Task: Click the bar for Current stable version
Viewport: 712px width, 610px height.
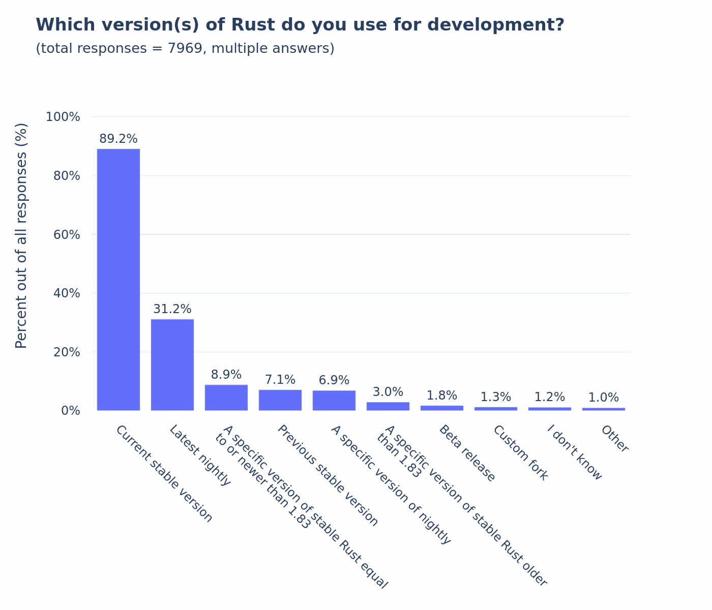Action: (x=118, y=280)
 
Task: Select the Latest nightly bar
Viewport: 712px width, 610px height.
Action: (x=172, y=364)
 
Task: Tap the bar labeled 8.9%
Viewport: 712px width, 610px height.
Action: (x=226, y=398)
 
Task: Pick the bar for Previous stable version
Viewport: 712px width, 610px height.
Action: (x=280, y=400)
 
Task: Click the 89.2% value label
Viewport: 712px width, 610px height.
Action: (x=118, y=139)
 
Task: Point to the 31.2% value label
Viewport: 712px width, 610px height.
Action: (x=172, y=309)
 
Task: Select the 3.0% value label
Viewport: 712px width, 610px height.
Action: (x=388, y=392)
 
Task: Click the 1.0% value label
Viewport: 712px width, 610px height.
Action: (x=604, y=398)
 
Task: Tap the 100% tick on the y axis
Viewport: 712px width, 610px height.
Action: (x=63, y=117)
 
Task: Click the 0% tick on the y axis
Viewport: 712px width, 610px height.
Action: (x=70, y=411)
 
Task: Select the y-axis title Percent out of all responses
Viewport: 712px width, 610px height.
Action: (x=21, y=235)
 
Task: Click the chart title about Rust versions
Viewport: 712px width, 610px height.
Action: (x=300, y=25)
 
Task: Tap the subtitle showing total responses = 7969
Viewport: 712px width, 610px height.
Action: (x=185, y=49)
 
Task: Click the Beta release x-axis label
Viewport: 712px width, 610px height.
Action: (x=467, y=453)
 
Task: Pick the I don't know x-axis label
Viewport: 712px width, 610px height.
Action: (x=574, y=452)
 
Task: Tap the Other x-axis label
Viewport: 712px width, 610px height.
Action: (x=615, y=439)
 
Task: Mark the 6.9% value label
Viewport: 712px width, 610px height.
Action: (x=334, y=380)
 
